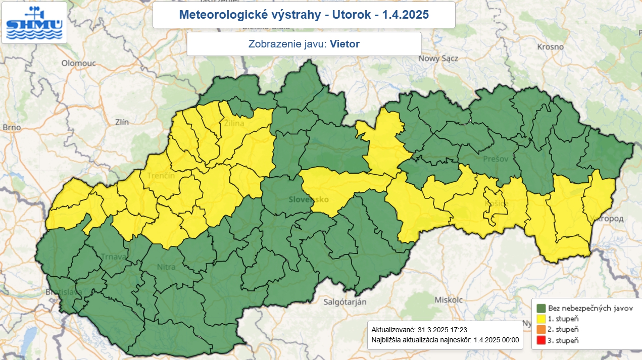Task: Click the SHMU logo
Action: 34,23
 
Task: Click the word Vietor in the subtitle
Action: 344,44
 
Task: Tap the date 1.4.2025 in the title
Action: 406,15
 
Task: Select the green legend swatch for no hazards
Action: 541,308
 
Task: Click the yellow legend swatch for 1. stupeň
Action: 541,319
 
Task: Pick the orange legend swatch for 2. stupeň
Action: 541,329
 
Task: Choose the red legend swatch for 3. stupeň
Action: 541,340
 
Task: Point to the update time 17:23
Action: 457,329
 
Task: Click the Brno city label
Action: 12,128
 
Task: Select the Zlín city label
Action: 122,122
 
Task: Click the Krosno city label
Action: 550,46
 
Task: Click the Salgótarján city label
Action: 344,302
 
